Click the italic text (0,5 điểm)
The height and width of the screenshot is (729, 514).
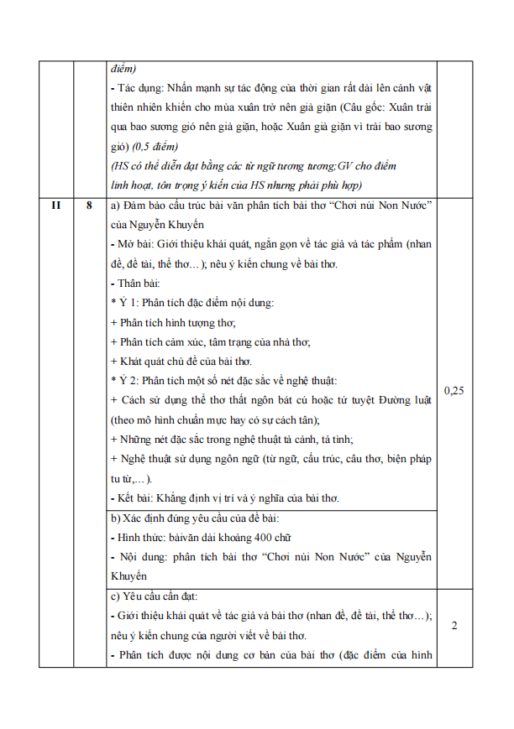156,147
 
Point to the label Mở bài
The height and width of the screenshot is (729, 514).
133,244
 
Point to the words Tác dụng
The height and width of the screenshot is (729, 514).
138,88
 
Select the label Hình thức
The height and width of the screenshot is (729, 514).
142,538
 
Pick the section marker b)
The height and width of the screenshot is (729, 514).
116,518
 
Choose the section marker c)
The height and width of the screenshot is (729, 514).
116,596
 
